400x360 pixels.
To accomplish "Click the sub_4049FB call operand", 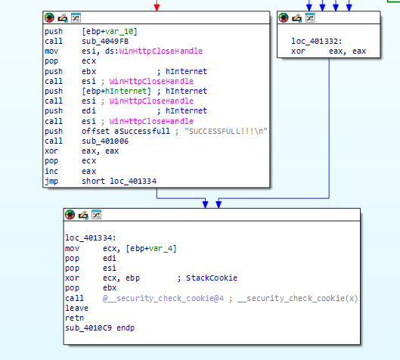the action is [105, 41].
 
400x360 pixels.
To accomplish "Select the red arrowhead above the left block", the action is [157, 8].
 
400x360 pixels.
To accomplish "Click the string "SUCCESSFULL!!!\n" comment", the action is [226, 131].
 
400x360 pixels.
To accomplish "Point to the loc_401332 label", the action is [317, 41].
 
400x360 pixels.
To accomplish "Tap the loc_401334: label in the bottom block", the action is [91, 237].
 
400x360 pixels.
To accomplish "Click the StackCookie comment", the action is [212, 278].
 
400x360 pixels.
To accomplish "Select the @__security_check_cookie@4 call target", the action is [163, 298].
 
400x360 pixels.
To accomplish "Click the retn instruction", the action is [75, 318].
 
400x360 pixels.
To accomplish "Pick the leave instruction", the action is [77, 308].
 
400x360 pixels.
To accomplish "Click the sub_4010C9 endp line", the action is [100, 327].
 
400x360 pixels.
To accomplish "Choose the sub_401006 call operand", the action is [105, 141].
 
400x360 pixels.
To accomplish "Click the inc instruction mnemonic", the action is [51, 171].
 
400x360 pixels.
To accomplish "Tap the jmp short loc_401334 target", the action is [133, 182].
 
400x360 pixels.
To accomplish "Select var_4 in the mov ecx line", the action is [161, 248].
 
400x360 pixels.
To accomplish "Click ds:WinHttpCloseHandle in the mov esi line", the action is [153, 51].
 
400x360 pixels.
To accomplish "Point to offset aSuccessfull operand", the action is [126, 131].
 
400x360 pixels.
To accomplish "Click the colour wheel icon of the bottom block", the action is [70, 215].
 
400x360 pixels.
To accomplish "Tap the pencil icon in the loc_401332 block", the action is [296, 18].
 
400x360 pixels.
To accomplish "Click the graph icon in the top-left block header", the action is [76, 17].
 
